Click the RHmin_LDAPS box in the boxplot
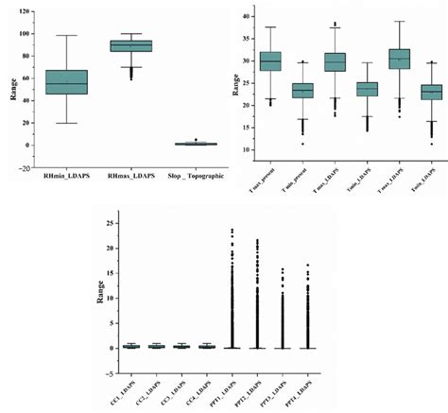coord(66,82)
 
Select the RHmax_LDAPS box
coord(130,45)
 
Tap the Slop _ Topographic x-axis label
coord(197,176)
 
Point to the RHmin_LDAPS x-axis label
coord(66,176)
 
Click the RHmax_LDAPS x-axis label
coord(130,176)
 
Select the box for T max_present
coord(270,61)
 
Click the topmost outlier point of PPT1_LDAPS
coord(232,230)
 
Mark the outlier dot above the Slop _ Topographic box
coord(196,140)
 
